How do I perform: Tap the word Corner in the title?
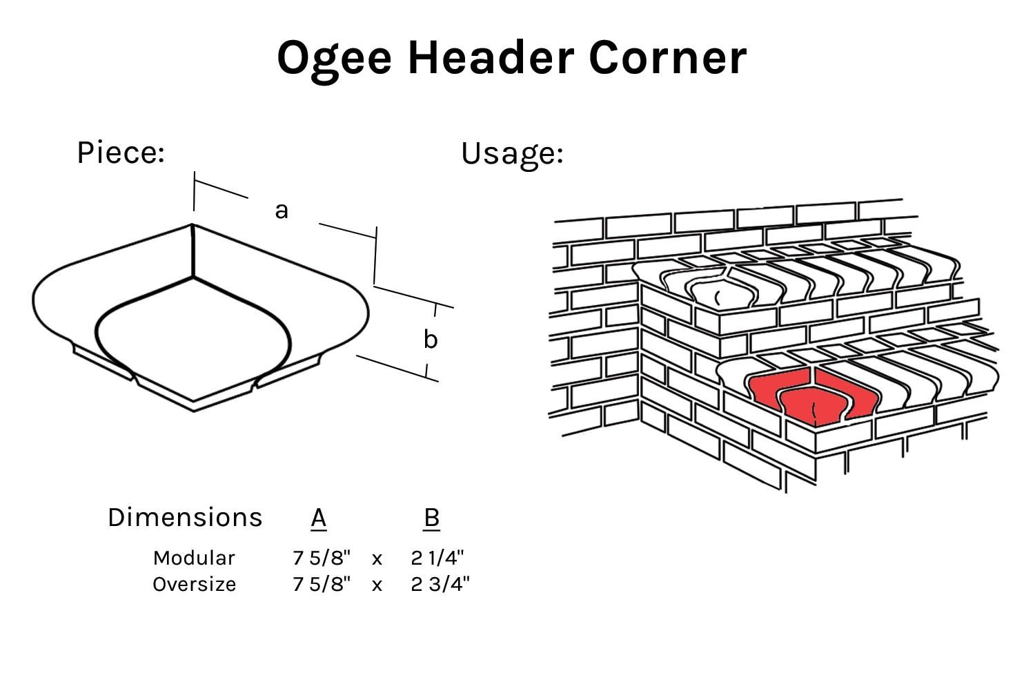(x=667, y=57)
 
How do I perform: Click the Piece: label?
(x=121, y=153)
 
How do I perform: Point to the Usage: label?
(x=512, y=153)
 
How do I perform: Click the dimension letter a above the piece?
(x=281, y=210)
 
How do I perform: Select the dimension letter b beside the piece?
(x=430, y=340)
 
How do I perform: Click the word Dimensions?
(x=185, y=517)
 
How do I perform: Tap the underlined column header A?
(x=318, y=517)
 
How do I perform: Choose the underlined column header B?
(x=431, y=517)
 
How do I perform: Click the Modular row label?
(x=194, y=558)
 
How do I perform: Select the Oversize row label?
(x=194, y=584)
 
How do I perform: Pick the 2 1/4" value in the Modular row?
(x=437, y=558)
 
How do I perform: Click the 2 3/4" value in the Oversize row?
(x=440, y=584)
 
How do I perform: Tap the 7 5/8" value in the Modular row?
(x=322, y=558)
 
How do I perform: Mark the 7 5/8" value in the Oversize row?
(x=322, y=584)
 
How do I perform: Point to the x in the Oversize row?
(x=377, y=585)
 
